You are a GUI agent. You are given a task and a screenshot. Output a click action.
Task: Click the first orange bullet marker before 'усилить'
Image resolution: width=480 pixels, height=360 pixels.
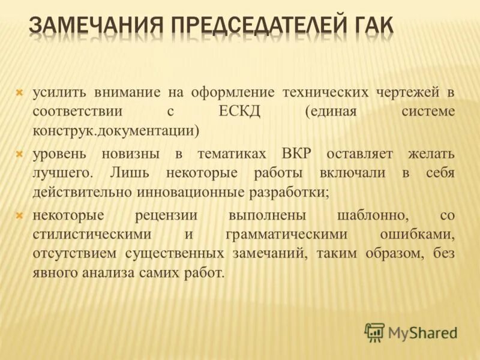pyautogui.click(x=19, y=92)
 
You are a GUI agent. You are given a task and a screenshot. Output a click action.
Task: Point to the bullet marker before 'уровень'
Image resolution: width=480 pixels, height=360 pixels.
pyautogui.click(x=19, y=154)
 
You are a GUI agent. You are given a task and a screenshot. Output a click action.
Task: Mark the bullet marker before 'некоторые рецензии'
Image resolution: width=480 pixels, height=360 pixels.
pyautogui.click(x=19, y=215)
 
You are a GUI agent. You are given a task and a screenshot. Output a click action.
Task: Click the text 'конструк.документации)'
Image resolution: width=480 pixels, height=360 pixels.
pyautogui.click(x=115, y=130)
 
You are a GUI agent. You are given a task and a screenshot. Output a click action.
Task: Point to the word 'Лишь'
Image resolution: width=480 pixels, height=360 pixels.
pyautogui.click(x=127, y=173)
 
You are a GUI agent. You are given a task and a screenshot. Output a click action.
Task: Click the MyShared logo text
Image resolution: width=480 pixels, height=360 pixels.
pyautogui.click(x=422, y=332)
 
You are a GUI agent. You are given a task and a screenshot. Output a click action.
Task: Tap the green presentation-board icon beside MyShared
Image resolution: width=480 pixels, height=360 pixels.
pyautogui.click(x=374, y=332)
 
